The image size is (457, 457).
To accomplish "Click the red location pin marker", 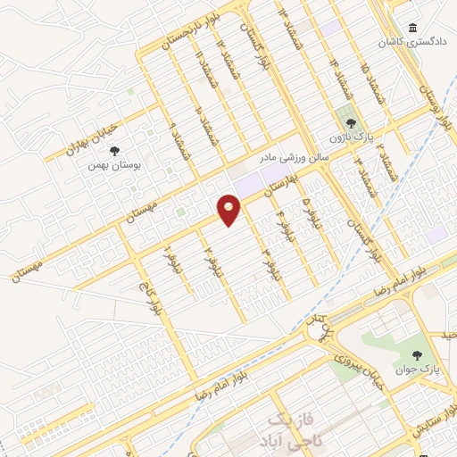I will pyautogui.click(x=229, y=211).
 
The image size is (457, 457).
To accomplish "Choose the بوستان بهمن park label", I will pyautogui.click(x=112, y=165).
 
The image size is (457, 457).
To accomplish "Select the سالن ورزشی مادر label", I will pyautogui.click(x=295, y=156).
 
